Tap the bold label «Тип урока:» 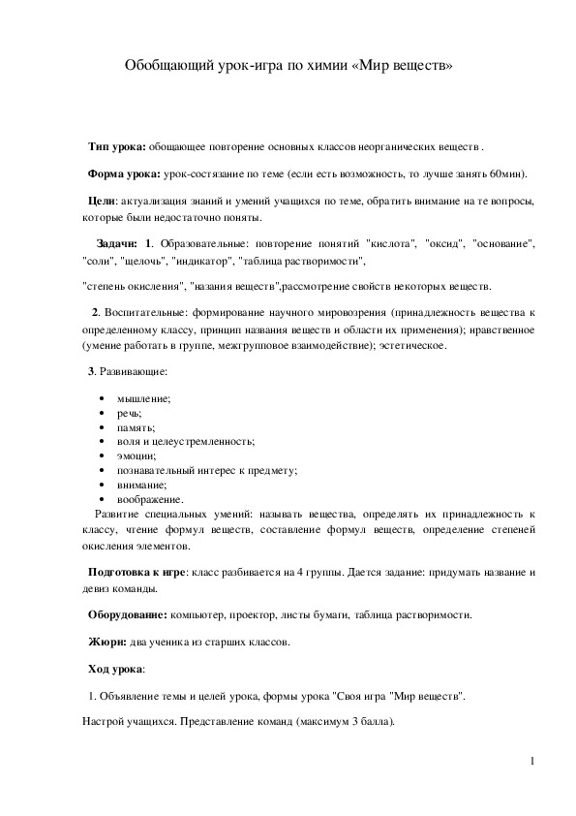click(117, 145)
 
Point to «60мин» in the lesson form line click(506, 173)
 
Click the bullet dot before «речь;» click(103, 413)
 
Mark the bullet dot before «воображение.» click(103, 498)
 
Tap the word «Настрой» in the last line click(103, 722)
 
